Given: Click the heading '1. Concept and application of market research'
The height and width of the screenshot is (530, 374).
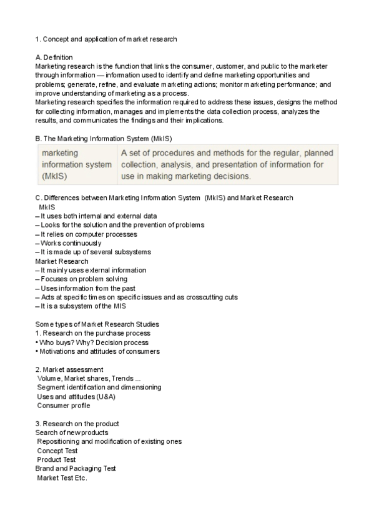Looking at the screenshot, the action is pos(106,39).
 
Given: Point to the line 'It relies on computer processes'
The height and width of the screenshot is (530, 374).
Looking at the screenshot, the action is pos(88,234).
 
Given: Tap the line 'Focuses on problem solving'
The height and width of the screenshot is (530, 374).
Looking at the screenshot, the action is pos(83,279).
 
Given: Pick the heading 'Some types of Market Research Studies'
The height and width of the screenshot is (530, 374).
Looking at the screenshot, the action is pos(97,324).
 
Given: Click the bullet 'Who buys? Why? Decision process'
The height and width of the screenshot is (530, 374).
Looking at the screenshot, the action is pos(94,342).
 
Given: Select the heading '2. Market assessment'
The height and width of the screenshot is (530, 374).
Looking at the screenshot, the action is pos(69,369).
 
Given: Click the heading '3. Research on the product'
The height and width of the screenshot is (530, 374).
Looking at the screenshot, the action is pos(77,424).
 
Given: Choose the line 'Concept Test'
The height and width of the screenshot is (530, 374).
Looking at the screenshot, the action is pos(57,451).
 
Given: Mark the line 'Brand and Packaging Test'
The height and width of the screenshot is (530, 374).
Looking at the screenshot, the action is pos(76,468).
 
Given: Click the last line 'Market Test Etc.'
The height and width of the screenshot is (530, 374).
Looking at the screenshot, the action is pos(62,478).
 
